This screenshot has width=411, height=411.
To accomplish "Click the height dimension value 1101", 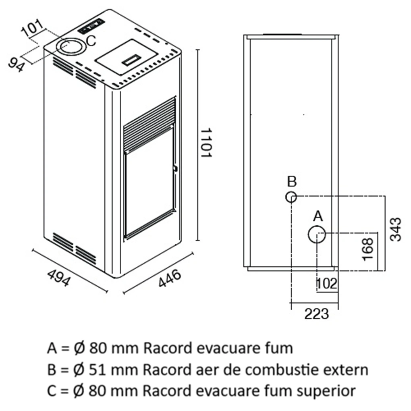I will coord(206,143).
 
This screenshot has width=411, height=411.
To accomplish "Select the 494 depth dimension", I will coord(59,278).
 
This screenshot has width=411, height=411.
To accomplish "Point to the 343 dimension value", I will coord(396,229).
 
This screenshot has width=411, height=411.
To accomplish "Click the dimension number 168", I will coord(368,249).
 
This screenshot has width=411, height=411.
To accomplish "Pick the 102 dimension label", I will coord(327,284).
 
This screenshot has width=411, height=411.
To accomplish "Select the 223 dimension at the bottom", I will coord(317,313).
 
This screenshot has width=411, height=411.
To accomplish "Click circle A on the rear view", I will coord(317,235).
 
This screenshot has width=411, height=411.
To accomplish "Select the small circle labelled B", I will coord(291,197).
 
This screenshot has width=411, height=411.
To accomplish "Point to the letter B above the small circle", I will coord(292,181).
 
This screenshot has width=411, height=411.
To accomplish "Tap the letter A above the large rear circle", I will coord(318,216).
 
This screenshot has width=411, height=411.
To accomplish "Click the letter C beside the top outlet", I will coord(91,41).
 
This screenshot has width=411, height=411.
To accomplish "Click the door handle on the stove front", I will coord(175,168).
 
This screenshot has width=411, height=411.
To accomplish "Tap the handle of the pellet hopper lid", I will coord(132,60).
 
